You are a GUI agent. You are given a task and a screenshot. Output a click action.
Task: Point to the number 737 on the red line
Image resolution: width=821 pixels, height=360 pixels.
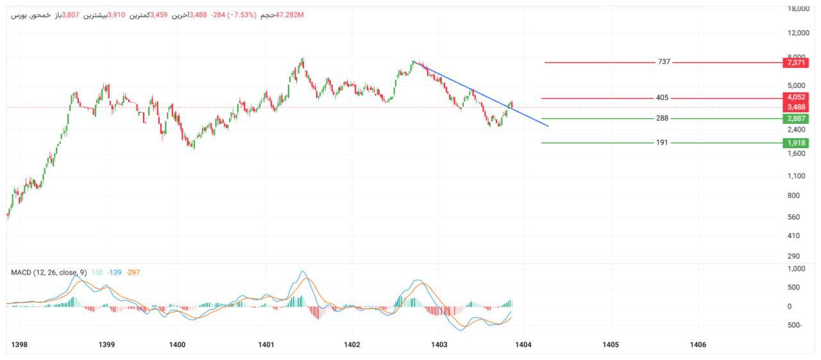point(664,62)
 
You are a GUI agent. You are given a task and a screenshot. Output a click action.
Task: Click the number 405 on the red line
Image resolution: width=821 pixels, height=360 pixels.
point(663,98)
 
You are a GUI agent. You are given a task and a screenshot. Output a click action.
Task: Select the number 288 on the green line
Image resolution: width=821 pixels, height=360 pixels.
point(663,119)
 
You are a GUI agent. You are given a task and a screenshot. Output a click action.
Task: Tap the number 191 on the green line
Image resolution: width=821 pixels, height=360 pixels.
point(662,142)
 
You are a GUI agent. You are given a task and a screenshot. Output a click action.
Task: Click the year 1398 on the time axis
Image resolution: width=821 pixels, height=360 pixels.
point(20,345)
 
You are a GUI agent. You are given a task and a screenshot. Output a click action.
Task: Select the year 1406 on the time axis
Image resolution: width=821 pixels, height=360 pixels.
point(697,345)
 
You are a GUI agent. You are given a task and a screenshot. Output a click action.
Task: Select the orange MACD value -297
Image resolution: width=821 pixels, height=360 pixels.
point(133,273)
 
